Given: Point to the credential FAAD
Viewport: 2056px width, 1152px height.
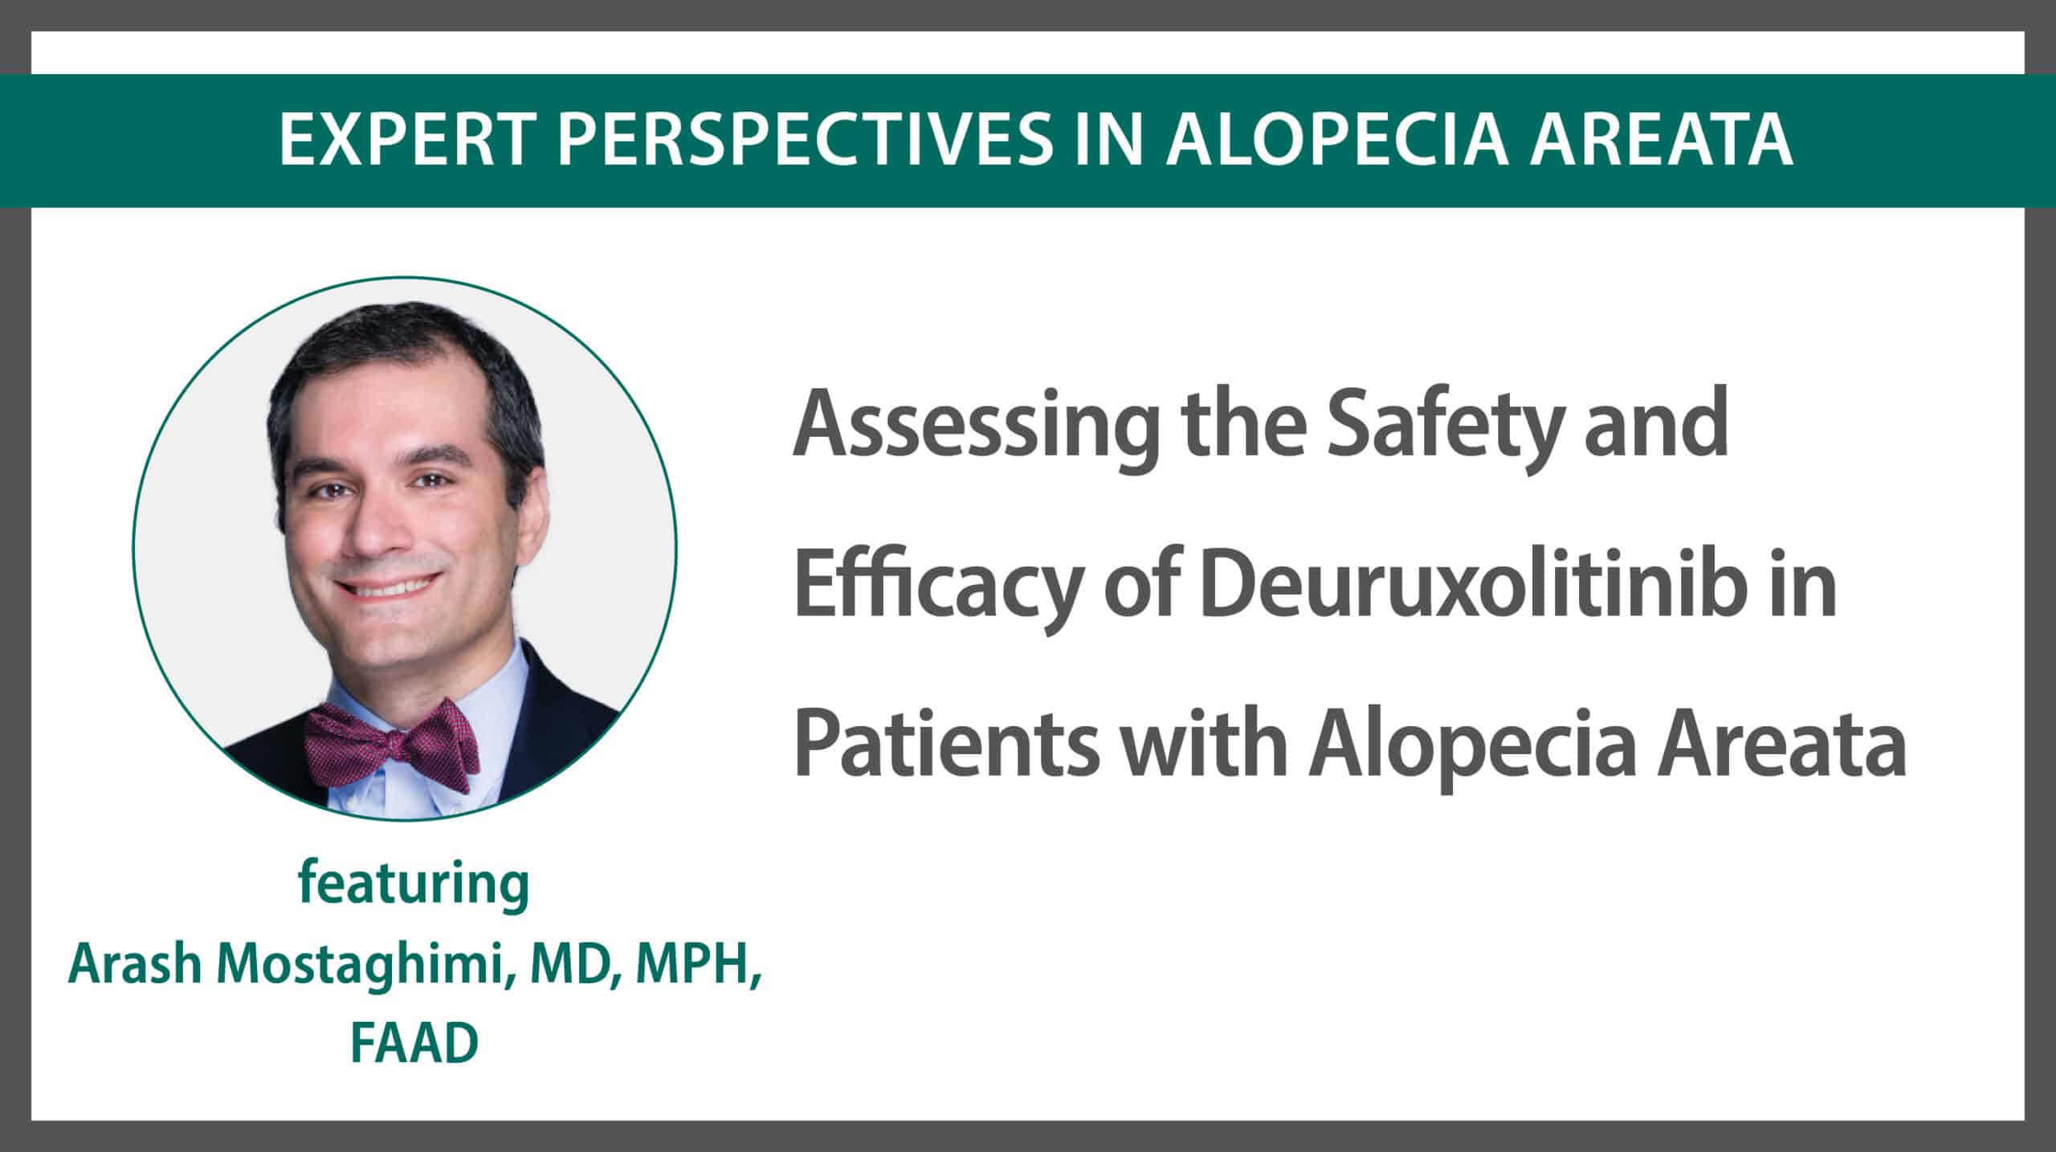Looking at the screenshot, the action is point(414,1044).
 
